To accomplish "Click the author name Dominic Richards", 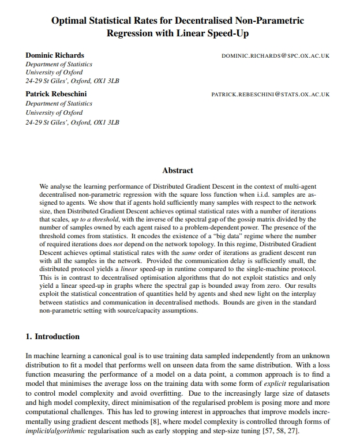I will click(x=55, y=55).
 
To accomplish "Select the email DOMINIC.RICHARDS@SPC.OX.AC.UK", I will click(x=275, y=56).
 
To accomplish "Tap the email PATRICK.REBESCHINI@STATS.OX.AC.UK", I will click(x=271, y=94).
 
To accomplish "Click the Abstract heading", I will click(x=178, y=171).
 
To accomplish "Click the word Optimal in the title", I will click(x=69, y=21).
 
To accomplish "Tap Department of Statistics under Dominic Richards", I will click(x=59, y=65).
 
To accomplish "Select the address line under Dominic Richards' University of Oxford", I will click(x=72, y=81).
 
